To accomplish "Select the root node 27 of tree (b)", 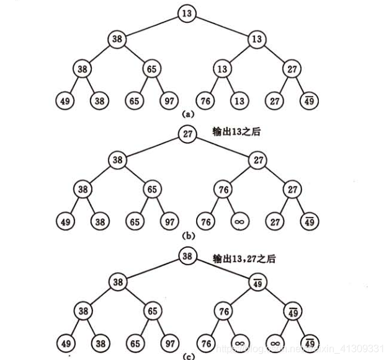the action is (187, 133).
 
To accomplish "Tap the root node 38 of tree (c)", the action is (187, 255).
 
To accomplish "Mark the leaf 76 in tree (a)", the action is (205, 99).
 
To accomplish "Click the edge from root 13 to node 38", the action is (153, 26).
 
